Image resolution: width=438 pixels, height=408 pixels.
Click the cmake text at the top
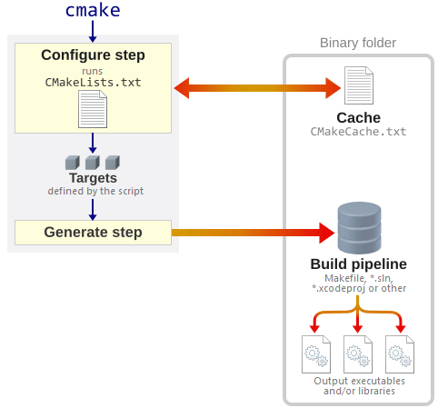point(93,11)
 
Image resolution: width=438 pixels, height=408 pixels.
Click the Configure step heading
point(93,55)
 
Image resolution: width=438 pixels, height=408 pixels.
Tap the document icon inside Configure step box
point(93,110)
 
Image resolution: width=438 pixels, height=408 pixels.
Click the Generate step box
point(93,233)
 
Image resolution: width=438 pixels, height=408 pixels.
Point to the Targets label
point(93,178)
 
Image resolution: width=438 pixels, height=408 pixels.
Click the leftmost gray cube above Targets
point(73,163)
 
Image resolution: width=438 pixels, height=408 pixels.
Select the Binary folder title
point(358,44)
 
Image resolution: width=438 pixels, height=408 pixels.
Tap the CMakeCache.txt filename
point(358,132)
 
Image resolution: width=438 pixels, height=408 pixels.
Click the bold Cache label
point(358,118)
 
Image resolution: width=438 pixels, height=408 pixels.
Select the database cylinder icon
point(358,228)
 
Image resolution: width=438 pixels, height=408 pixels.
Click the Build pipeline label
point(358,264)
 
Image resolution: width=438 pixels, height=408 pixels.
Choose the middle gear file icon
point(358,354)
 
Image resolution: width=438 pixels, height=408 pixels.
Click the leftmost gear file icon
point(316,354)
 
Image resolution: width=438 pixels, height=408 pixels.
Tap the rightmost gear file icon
point(400,354)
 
